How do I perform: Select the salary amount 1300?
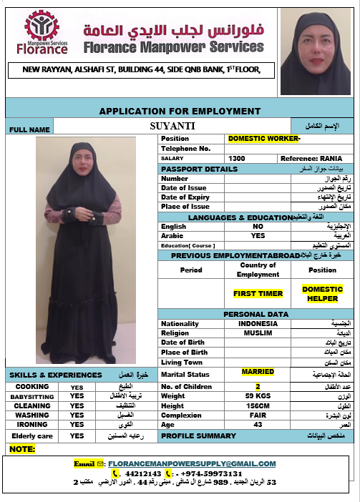tap(237, 158)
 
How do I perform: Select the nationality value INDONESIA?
tap(258, 323)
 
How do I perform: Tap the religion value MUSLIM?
tap(258, 333)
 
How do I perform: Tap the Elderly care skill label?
tap(33, 435)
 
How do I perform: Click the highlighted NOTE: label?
tap(23, 449)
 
